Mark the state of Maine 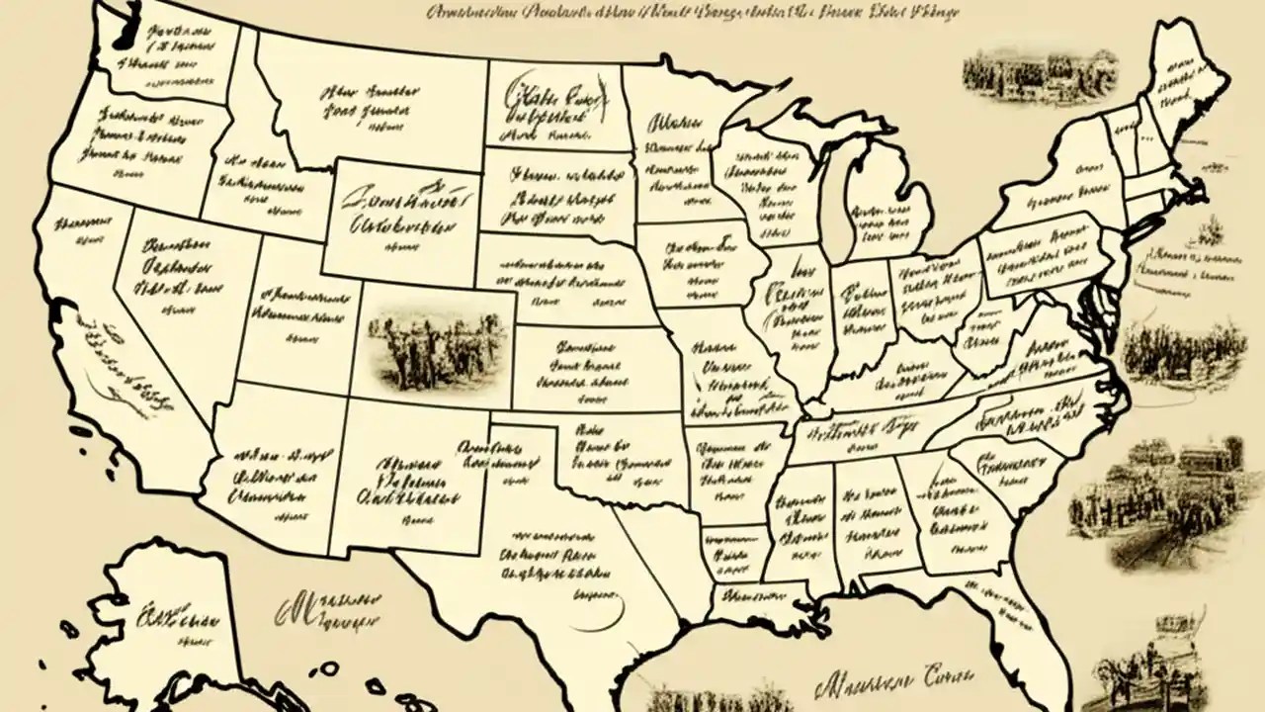tap(1181, 89)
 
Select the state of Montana tap(366, 99)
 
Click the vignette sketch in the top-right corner tap(1038, 74)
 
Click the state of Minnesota tap(672, 148)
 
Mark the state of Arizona tap(277, 475)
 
